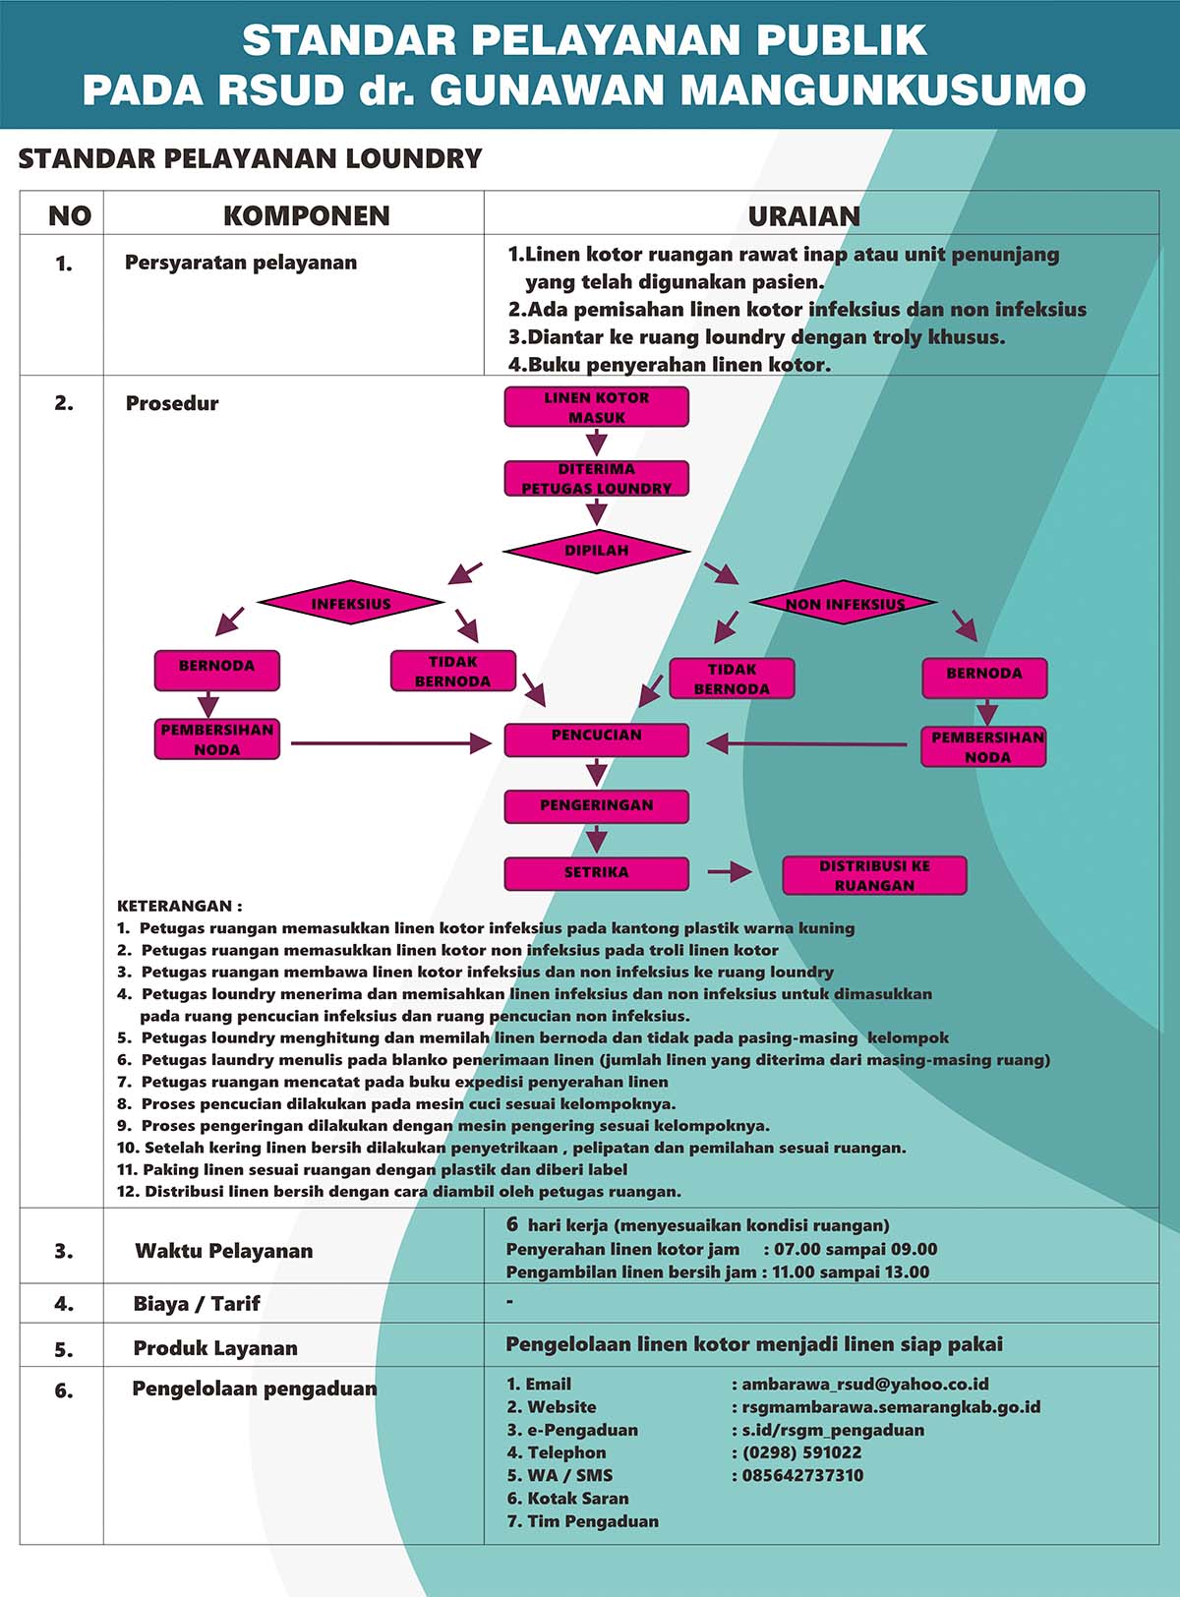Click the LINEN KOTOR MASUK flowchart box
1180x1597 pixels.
pos(596,407)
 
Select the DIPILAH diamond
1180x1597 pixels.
pos(596,552)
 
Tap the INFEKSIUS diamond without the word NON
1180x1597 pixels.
pos(351,603)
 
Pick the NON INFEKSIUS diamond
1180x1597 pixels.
pos(844,603)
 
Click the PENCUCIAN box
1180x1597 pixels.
pos(596,740)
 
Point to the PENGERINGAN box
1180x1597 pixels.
pos(596,806)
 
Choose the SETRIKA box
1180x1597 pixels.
pos(596,873)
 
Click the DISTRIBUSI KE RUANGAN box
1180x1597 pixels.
pos(874,875)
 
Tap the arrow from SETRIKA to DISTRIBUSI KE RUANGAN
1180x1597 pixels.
pos(730,872)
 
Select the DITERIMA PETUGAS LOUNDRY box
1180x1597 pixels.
pos(596,479)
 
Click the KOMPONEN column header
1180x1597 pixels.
pos(307,216)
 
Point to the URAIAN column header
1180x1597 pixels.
pos(804,216)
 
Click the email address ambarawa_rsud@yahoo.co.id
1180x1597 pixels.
pos(864,1384)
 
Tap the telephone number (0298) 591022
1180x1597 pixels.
pos(802,1452)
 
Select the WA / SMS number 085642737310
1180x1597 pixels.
pos(802,1475)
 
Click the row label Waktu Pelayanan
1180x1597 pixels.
pos(224,1251)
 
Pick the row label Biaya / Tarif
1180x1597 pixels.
pos(197,1304)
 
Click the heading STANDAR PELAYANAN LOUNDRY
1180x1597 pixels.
pos(251,158)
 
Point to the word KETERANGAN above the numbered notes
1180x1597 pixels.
pos(175,906)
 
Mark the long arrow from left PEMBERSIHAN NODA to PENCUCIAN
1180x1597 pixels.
pos(391,743)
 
